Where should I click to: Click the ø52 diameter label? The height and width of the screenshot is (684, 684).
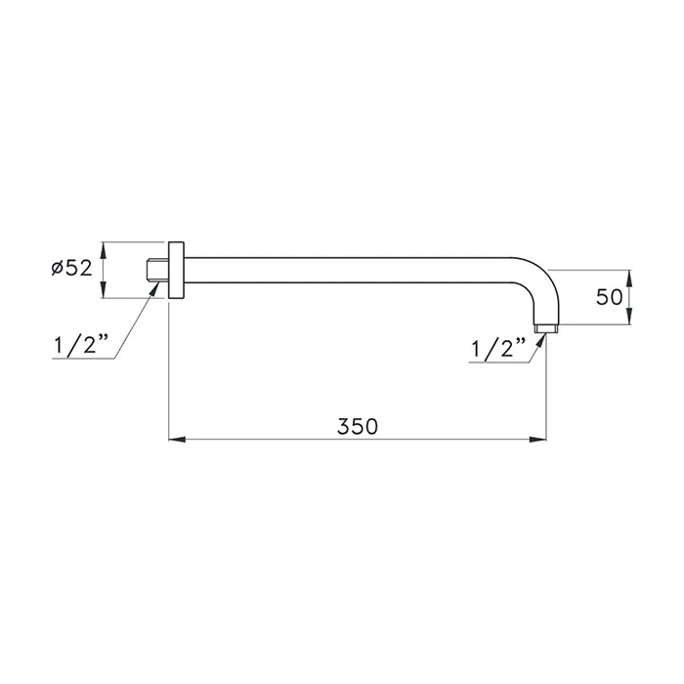71,268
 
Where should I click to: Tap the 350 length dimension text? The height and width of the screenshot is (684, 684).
358,426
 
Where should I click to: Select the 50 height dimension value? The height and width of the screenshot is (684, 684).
609,297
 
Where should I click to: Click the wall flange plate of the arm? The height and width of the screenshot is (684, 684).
176,270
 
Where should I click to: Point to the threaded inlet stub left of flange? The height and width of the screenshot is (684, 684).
156,270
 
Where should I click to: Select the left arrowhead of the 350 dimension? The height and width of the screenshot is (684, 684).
177,440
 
